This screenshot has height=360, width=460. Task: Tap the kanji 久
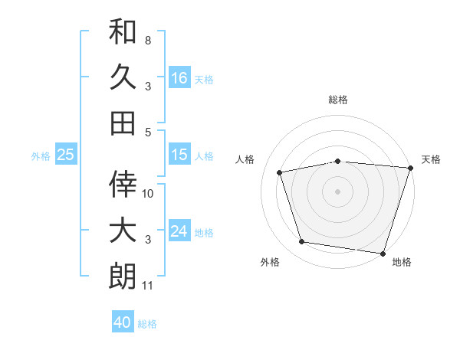point(123,77)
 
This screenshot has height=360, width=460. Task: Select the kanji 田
point(123,122)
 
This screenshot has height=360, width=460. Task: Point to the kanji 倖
point(123,184)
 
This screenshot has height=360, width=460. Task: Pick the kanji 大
point(123,229)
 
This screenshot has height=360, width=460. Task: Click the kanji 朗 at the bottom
point(123,275)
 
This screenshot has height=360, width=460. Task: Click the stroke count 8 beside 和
point(148,39)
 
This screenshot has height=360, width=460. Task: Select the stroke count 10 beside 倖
point(148,193)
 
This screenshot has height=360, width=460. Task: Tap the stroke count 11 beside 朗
point(148,286)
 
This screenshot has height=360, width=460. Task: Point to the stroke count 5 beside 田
point(148,132)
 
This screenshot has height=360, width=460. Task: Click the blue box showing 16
point(179,77)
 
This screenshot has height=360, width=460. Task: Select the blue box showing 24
point(179,231)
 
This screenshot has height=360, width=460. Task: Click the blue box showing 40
point(123,322)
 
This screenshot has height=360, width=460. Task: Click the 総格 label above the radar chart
point(338,100)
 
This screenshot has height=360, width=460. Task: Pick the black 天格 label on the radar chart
point(431,159)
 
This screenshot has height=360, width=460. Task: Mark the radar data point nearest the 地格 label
point(383,253)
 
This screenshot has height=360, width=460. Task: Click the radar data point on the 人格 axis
point(280,172)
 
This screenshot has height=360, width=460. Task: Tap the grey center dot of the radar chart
point(338,191)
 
